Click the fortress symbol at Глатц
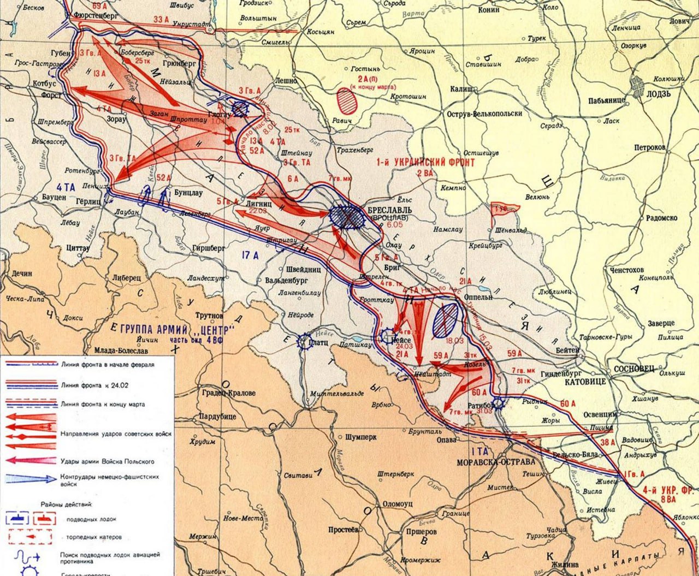click(x=303, y=342)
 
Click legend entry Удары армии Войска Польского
click(x=108, y=461)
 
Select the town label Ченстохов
click(x=624, y=270)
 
